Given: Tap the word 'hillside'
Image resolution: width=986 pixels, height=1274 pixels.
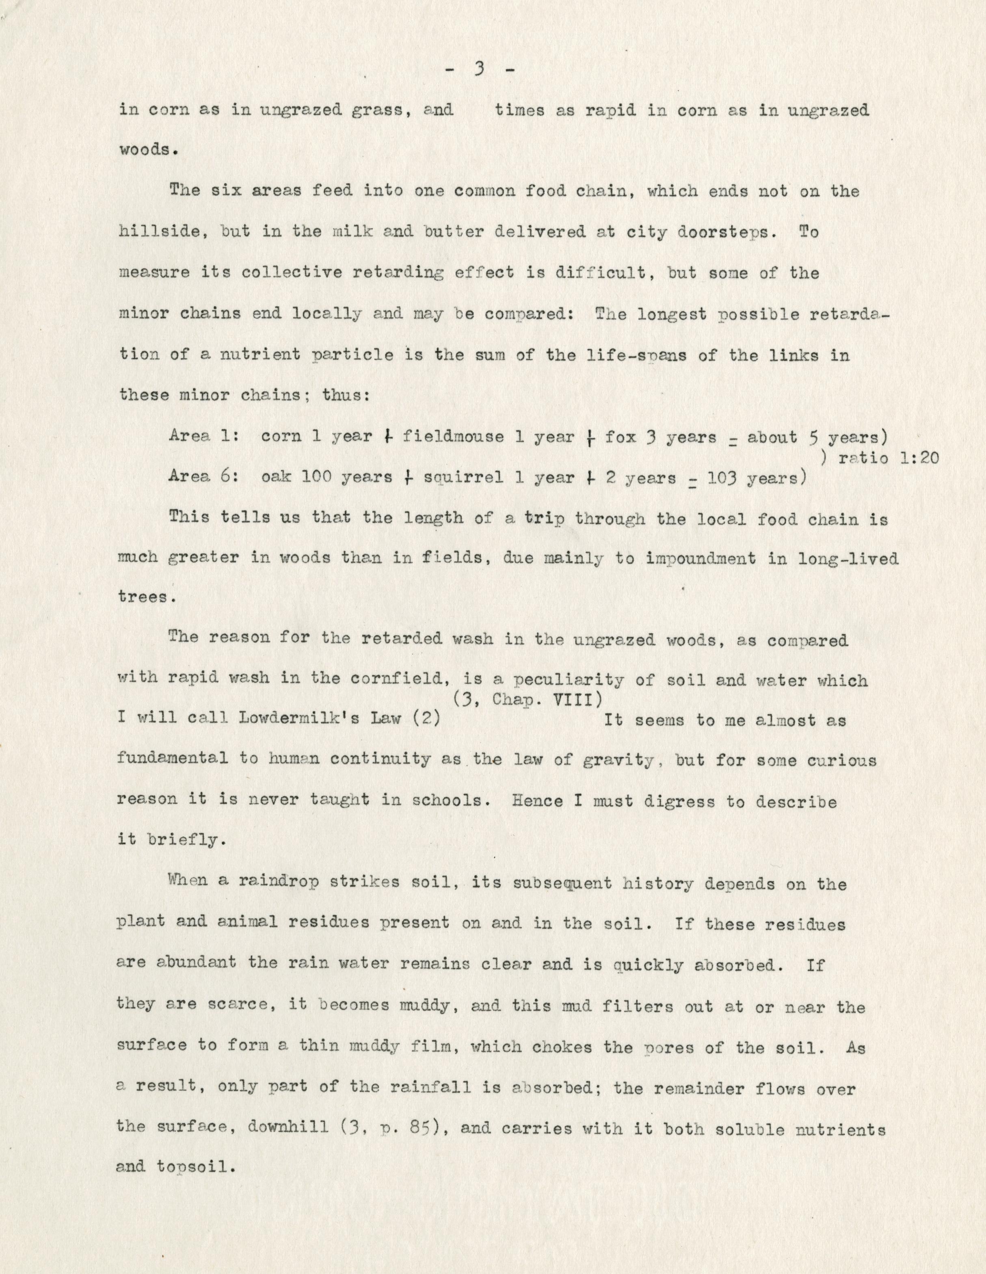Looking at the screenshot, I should (159, 232).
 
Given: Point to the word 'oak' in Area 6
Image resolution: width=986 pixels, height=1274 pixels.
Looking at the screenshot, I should (275, 478).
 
